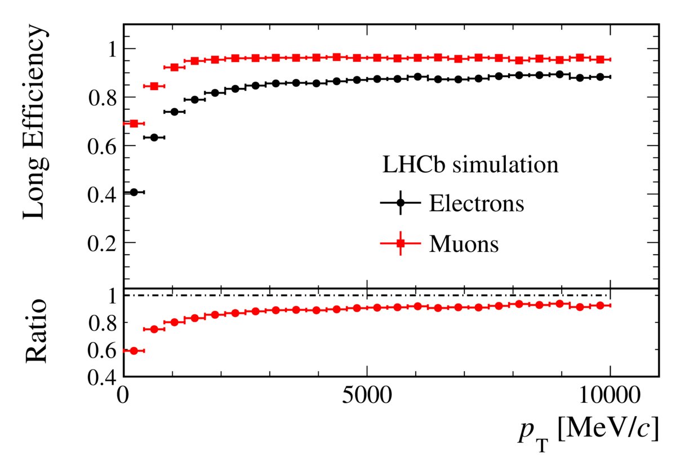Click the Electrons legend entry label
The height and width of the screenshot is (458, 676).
click(x=477, y=203)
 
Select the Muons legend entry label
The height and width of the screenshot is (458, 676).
click(x=464, y=244)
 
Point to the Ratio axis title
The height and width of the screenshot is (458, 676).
click(x=35, y=332)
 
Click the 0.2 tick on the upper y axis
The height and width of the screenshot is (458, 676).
click(x=105, y=243)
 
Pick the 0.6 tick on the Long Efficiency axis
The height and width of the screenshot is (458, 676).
click(x=105, y=146)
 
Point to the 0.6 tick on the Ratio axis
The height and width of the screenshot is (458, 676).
click(x=105, y=350)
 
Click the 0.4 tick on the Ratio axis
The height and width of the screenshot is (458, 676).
click(x=105, y=376)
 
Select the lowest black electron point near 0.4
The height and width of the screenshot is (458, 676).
click(x=134, y=192)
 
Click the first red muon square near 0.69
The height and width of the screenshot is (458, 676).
click(x=134, y=123)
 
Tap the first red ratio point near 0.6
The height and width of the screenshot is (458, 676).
click(x=134, y=350)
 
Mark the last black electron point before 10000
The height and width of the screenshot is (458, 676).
click(x=600, y=77)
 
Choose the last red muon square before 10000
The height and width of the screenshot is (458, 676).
click(x=600, y=59)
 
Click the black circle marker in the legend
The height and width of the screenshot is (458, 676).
click(x=401, y=203)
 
